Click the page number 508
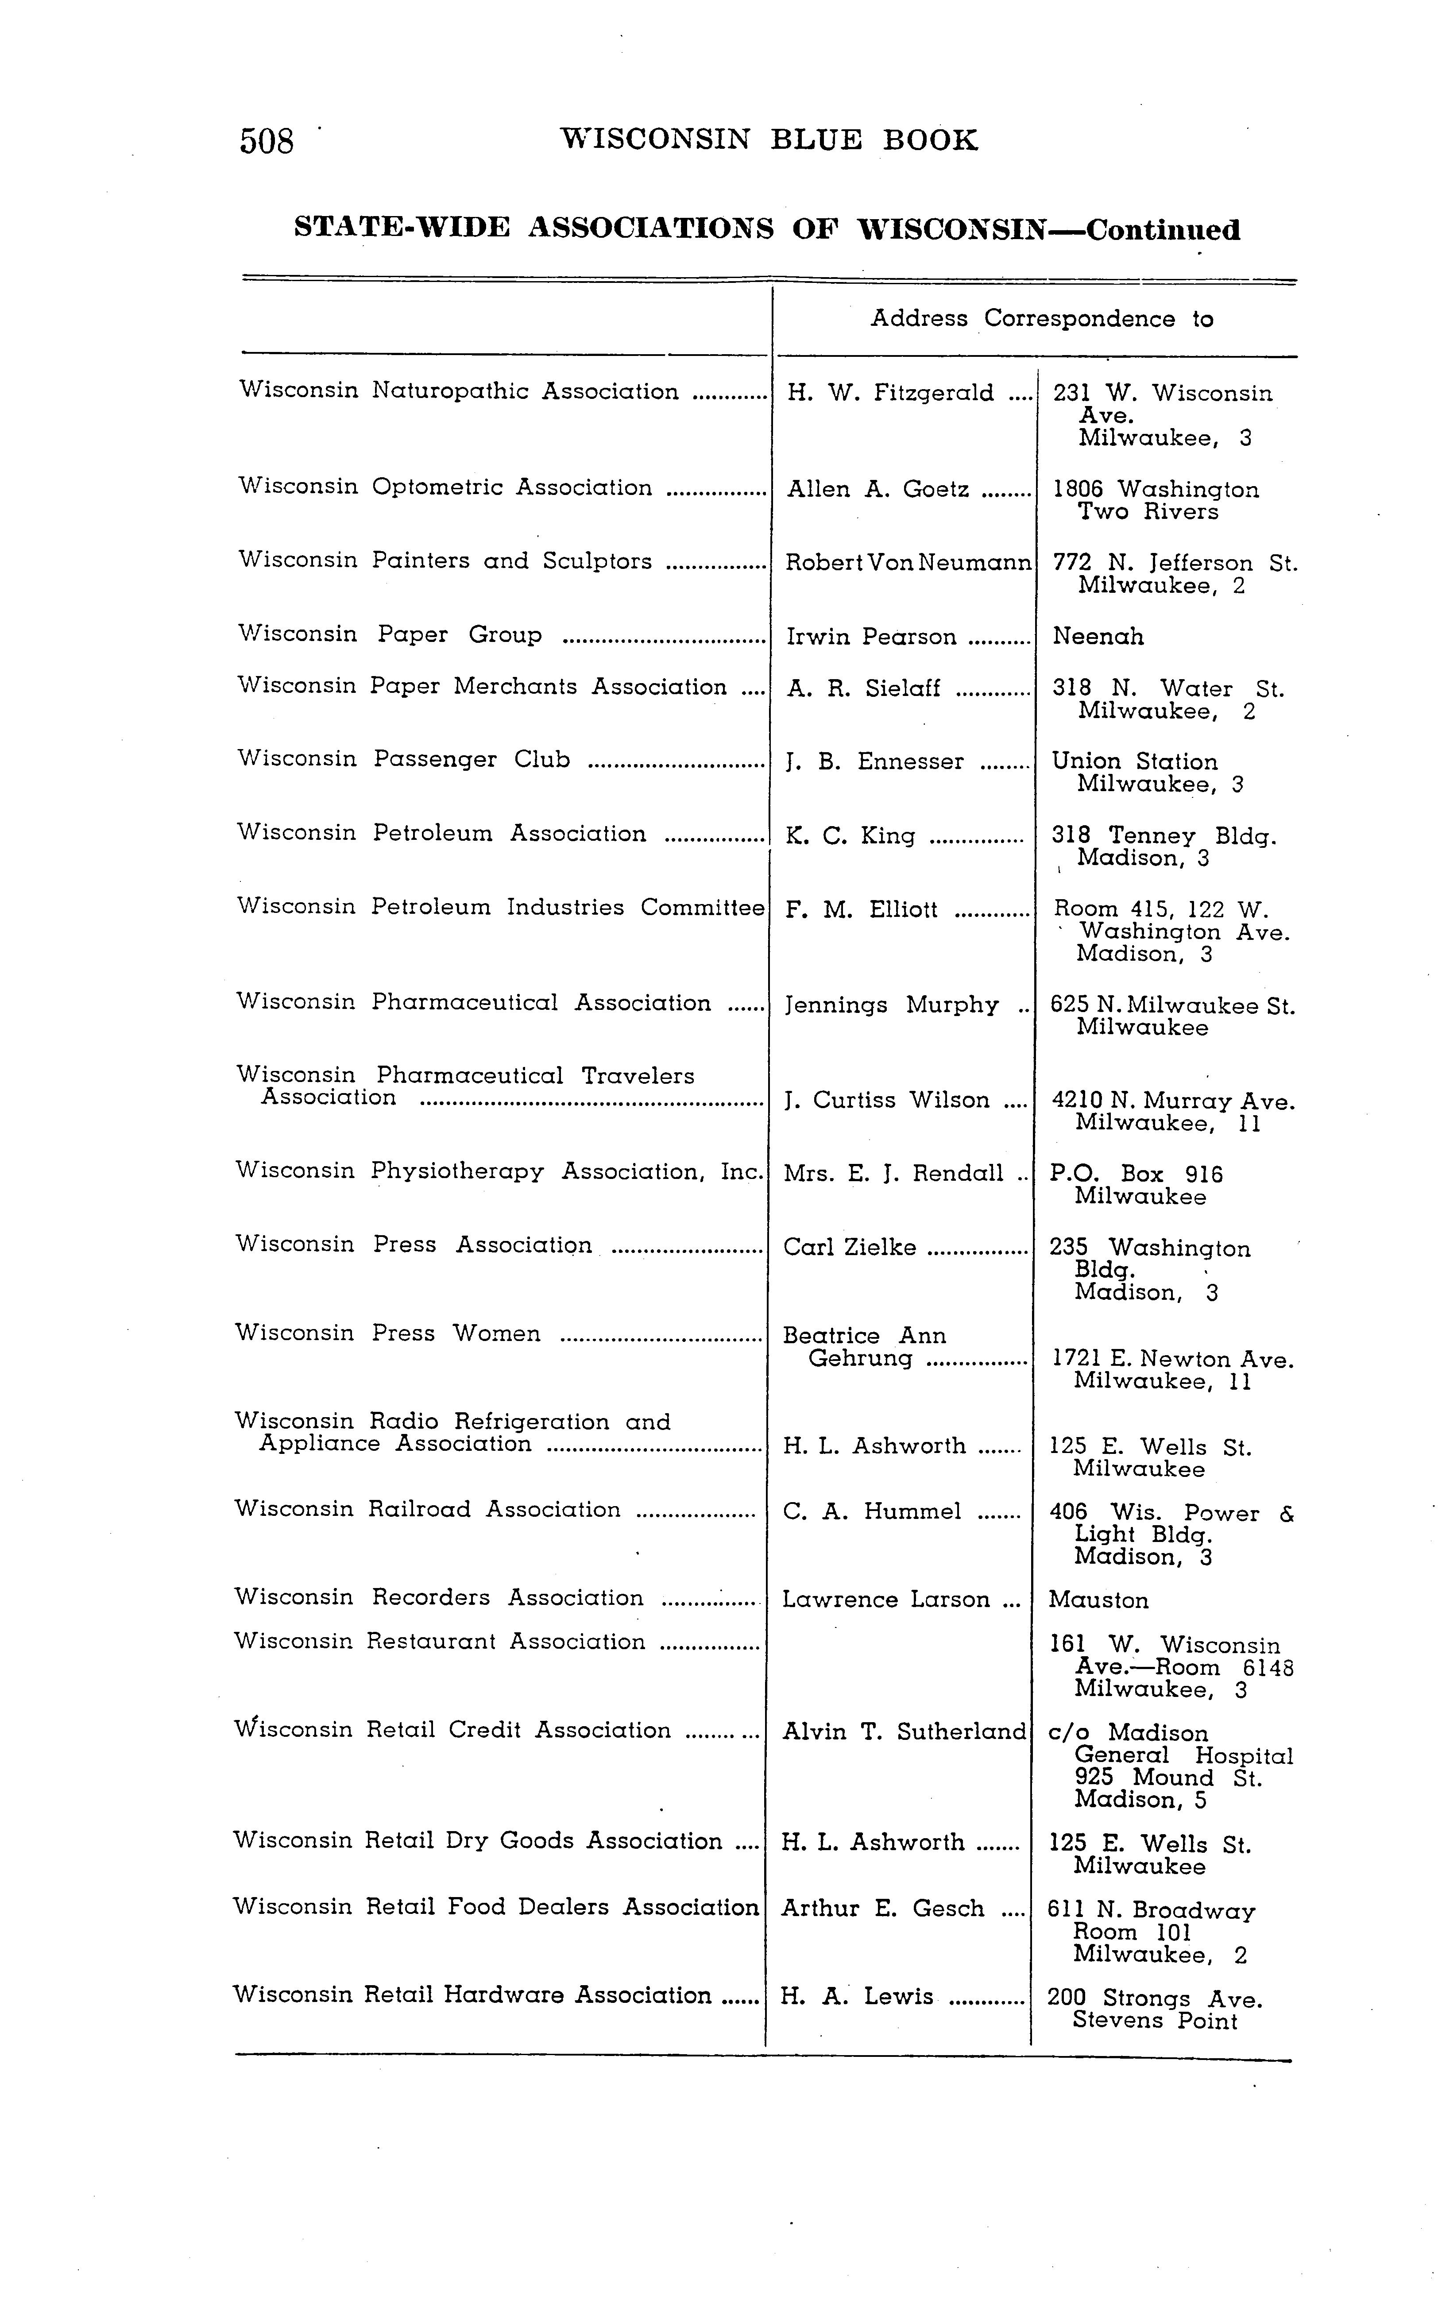click(266, 142)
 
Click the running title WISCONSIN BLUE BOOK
click(769, 141)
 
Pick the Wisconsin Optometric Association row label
click(445, 487)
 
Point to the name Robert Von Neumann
click(907, 563)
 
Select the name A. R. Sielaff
click(864, 688)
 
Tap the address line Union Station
click(1134, 762)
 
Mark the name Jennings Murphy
click(891, 1005)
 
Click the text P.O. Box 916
click(1136, 1175)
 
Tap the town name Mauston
click(1098, 1600)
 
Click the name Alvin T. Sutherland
click(904, 1732)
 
